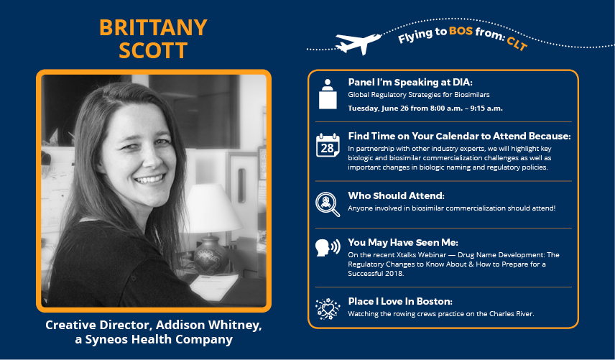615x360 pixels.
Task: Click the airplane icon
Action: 358,42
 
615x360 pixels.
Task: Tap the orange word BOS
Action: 461,31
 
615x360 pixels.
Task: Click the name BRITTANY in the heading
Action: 153,27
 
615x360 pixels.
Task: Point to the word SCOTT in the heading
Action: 153,50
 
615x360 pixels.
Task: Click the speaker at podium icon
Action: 328,94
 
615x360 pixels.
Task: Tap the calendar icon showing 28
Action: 328,145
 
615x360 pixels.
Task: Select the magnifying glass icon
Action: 328,204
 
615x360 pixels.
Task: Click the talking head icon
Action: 328,247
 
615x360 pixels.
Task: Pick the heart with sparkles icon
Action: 328,309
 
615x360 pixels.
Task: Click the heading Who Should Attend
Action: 396,195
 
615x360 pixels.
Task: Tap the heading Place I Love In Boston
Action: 400,301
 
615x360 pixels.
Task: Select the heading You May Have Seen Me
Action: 403,242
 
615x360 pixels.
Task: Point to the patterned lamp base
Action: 211,254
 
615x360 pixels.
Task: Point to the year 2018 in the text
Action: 394,273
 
